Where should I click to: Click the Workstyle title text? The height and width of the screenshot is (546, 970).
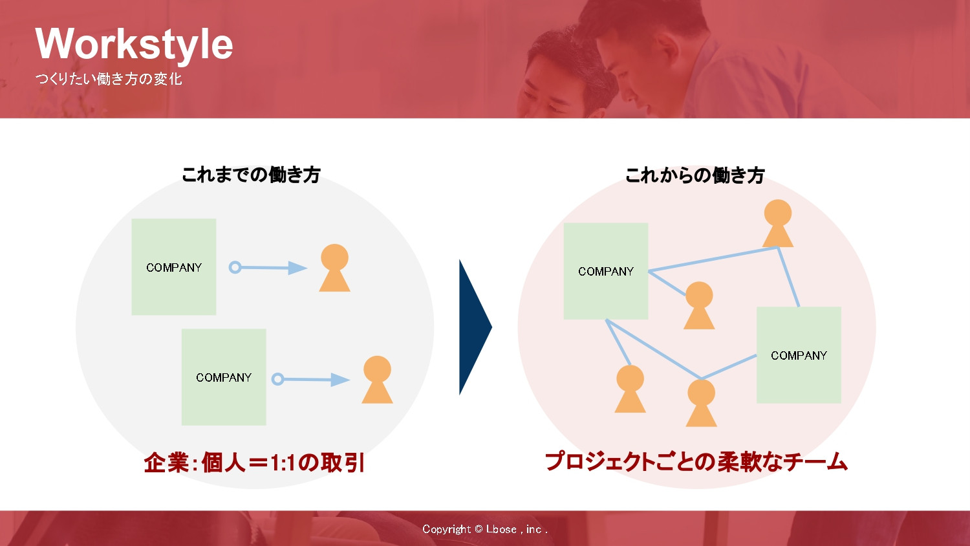coord(134,44)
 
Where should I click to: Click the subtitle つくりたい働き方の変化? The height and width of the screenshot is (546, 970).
coord(108,79)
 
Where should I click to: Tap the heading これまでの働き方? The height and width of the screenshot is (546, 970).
coord(251,175)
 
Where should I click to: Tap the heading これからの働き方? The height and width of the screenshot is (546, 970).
coord(695,175)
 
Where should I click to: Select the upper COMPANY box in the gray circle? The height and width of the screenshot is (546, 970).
coord(173,267)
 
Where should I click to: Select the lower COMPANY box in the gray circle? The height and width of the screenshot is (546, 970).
coord(224,377)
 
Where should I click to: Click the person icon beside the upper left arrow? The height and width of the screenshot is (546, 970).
coord(334,268)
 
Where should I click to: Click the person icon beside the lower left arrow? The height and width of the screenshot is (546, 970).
coord(377,380)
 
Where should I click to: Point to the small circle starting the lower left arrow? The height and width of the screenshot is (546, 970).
coord(277,379)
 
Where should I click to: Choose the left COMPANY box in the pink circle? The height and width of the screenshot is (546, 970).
coord(605,271)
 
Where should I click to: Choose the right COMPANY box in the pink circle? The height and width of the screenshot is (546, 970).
coord(799,355)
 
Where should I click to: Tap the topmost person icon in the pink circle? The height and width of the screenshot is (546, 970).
coord(777,224)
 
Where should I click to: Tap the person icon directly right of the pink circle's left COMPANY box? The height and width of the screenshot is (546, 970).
coord(699,306)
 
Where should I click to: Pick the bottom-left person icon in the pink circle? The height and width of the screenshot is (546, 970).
coord(630,389)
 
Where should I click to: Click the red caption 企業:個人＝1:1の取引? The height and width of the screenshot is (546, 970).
coord(254,463)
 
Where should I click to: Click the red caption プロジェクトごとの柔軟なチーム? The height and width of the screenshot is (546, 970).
coord(696,462)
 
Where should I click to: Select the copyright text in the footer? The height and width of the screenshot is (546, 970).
coord(484,529)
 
